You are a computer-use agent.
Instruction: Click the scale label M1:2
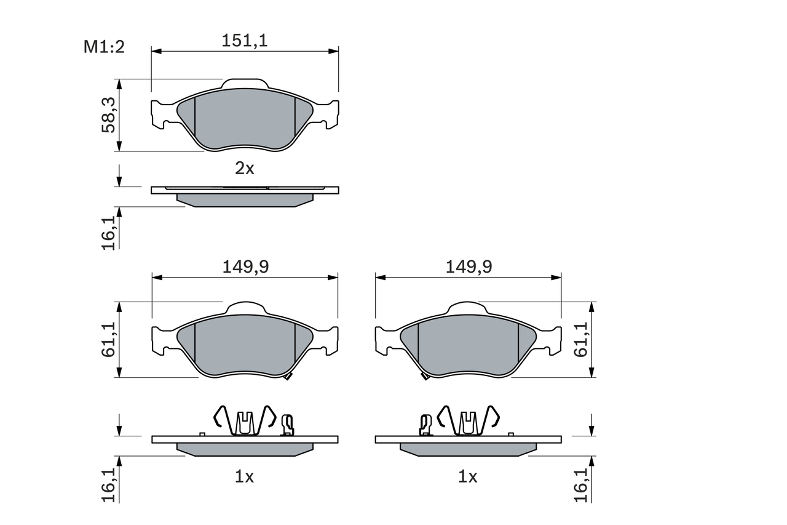click(x=104, y=47)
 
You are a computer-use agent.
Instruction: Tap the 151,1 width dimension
click(x=245, y=41)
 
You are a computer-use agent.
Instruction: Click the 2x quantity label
click(x=245, y=168)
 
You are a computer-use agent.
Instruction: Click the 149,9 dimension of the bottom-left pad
click(x=245, y=267)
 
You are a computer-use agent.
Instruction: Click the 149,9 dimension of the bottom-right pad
click(x=469, y=267)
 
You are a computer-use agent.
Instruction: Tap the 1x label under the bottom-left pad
click(x=245, y=476)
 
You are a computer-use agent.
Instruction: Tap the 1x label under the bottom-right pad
click(x=468, y=476)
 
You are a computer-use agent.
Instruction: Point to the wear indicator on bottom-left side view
click(x=287, y=425)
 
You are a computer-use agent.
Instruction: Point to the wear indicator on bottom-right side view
click(x=425, y=425)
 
